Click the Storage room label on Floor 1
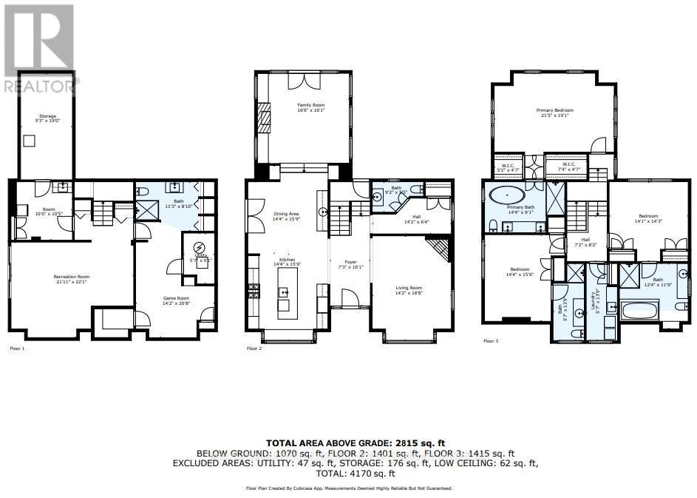[x=47, y=118]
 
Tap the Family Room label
[x=310, y=108]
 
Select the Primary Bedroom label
[x=554, y=112]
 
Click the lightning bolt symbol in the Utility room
[x=198, y=247]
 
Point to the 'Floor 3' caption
[x=491, y=341]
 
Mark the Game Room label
[x=177, y=300]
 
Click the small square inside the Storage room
[x=30, y=141]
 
